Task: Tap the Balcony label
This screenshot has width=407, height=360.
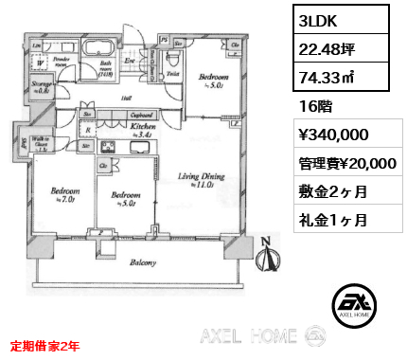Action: point(143,263)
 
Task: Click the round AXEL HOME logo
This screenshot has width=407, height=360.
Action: point(356,302)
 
